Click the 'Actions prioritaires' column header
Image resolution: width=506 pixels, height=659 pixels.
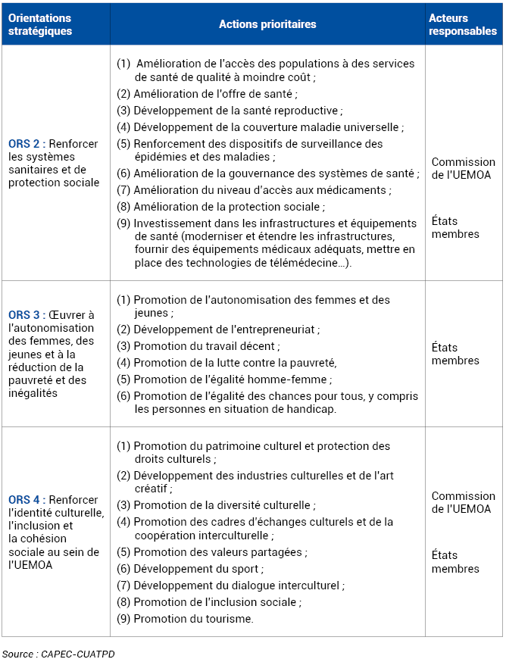(x=267, y=24)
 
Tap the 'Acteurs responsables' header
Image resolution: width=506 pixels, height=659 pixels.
(x=463, y=24)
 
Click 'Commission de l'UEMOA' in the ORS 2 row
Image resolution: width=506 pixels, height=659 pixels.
(x=463, y=168)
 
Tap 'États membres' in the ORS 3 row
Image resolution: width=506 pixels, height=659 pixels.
(x=455, y=354)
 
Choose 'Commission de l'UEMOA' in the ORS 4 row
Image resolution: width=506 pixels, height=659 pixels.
(x=463, y=502)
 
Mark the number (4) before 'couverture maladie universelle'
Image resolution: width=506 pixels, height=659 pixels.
(x=123, y=127)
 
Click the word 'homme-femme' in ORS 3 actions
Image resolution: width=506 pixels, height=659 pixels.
(x=295, y=379)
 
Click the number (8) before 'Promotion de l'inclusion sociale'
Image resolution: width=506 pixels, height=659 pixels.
(x=123, y=602)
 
